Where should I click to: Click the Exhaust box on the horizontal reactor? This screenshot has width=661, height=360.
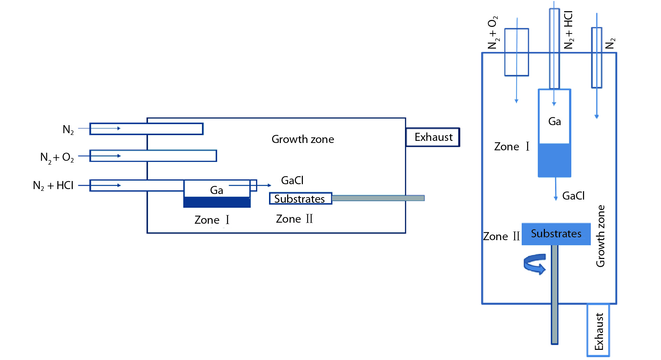click(433, 137)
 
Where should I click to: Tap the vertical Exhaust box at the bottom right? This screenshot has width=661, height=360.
click(598, 331)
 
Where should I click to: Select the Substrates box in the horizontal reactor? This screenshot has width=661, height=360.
click(300, 199)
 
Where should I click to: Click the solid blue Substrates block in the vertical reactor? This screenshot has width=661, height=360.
click(556, 234)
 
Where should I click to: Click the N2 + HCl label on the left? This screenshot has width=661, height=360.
click(53, 186)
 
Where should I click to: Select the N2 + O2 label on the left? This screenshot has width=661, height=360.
click(57, 158)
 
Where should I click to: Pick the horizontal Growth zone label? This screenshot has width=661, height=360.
click(303, 139)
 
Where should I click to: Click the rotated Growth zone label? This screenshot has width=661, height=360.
click(600, 236)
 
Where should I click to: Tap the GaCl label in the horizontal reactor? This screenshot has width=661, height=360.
click(292, 181)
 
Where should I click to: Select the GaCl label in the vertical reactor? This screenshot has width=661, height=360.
click(573, 196)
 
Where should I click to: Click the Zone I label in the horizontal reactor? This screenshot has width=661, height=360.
click(212, 220)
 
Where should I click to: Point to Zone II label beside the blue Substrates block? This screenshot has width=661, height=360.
click(501, 237)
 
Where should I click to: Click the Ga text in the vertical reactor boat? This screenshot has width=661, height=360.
click(555, 122)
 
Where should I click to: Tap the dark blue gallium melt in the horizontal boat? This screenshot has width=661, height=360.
click(217, 202)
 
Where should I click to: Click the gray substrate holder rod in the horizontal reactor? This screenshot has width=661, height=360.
click(378, 198)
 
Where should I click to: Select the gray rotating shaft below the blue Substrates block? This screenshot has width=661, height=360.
click(555, 294)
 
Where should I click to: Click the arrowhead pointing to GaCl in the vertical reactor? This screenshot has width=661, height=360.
click(556, 198)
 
